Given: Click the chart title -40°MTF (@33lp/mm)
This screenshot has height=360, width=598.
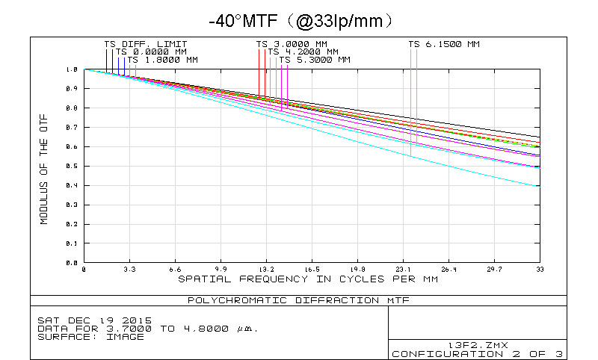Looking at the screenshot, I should tap(299, 19).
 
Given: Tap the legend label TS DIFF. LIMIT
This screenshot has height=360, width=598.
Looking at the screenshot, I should tap(146, 44).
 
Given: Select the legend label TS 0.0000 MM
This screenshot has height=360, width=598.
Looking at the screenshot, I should tap(151, 52).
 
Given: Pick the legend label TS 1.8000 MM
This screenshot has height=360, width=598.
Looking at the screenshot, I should tap(163, 59).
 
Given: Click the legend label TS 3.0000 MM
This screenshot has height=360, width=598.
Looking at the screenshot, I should tap(292, 44).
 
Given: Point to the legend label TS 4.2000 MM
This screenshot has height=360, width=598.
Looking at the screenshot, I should tap(303, 52).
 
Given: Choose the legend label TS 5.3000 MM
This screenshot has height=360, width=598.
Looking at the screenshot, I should tap(315, 59).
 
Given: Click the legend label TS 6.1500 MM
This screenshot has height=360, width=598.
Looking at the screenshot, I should tap(444, 44).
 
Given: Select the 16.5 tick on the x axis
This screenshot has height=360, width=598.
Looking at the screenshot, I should tap(312, 270).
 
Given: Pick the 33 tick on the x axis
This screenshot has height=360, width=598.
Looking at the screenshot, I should tap(540, 270).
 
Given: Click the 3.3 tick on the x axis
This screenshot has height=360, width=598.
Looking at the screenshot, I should tap(129, 270).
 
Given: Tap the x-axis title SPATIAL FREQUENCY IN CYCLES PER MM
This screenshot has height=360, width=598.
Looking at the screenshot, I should tap(308, 279).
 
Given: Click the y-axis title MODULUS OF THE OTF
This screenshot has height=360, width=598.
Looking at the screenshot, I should tap(44, 167).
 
